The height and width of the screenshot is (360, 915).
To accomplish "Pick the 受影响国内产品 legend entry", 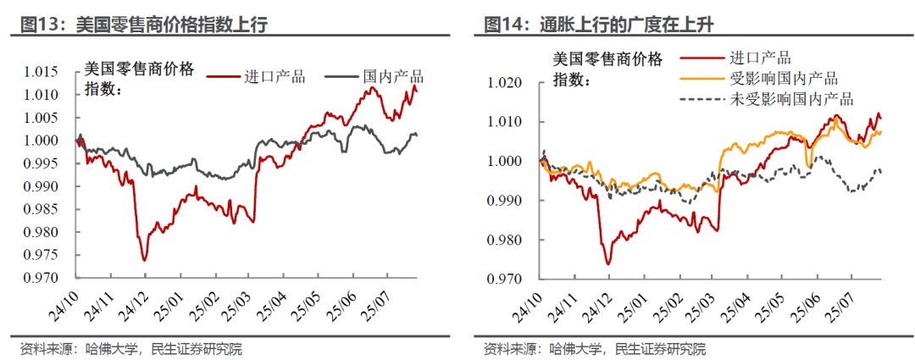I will pos(784,79).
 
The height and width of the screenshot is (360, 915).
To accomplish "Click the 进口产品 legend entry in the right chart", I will pos(760,58).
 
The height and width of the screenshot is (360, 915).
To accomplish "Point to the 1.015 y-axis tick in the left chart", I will pos(53,72).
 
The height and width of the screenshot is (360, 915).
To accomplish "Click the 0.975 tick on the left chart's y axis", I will pos(53,255).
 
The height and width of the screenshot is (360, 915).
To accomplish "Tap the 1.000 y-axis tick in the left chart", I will pos(53,141).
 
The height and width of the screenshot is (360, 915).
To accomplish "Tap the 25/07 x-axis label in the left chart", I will pos(380,302).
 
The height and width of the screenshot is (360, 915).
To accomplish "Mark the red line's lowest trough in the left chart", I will pos(144,260).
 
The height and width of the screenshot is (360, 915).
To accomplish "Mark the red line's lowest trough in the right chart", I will pos(607,264).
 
